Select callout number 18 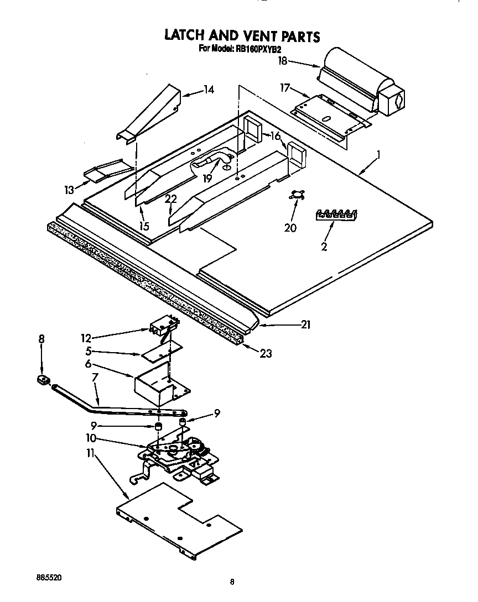click(283, 61)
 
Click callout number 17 click(285, 87)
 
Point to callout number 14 click(193, 90)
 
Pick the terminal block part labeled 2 click(336, 215)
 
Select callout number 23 click(266, 354)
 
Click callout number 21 click(305, 325)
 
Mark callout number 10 click(91, 438)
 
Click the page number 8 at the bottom click(232, 582)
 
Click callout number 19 click(207, 178)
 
